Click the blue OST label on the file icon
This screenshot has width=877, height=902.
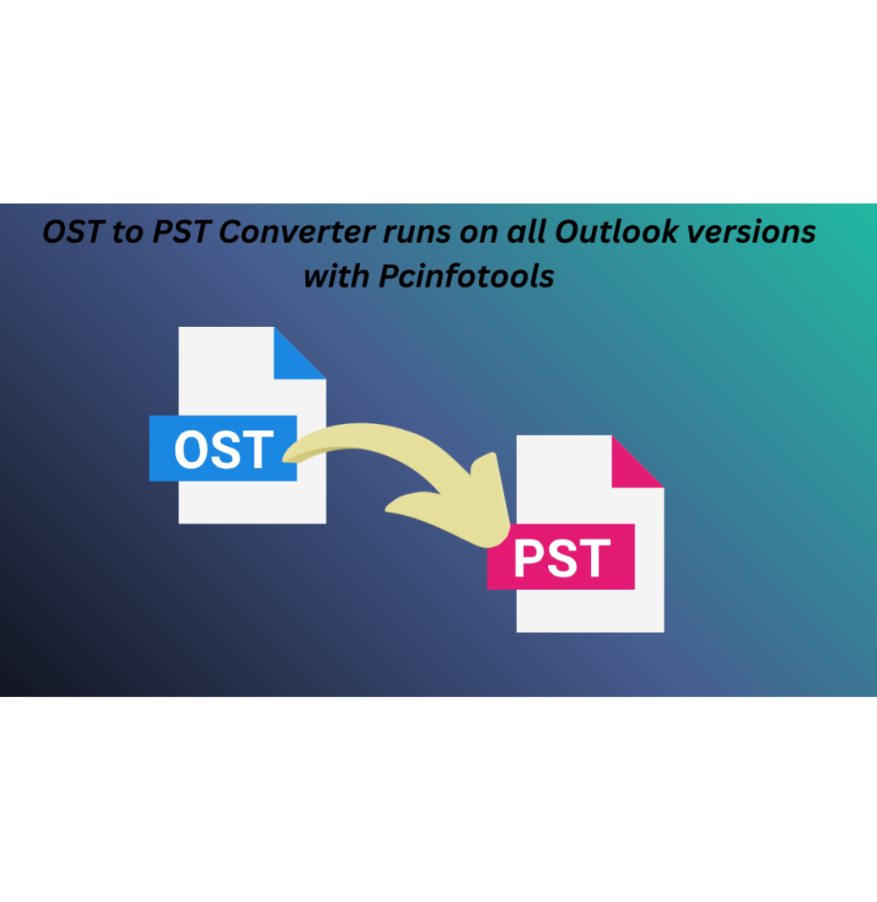coord(223,448)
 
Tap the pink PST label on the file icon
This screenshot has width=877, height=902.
coord(561,557)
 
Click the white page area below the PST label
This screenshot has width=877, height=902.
coord(590,610)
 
